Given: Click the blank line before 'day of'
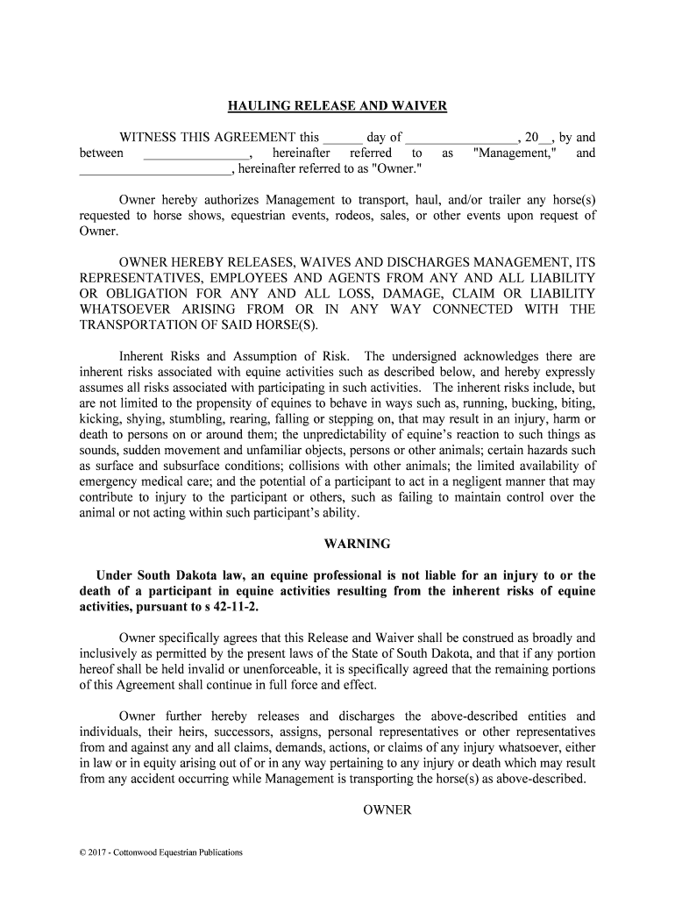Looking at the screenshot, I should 344,139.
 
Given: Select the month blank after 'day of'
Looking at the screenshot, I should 462,139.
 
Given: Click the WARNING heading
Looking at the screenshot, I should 357,545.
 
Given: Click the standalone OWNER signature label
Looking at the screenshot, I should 387,810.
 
